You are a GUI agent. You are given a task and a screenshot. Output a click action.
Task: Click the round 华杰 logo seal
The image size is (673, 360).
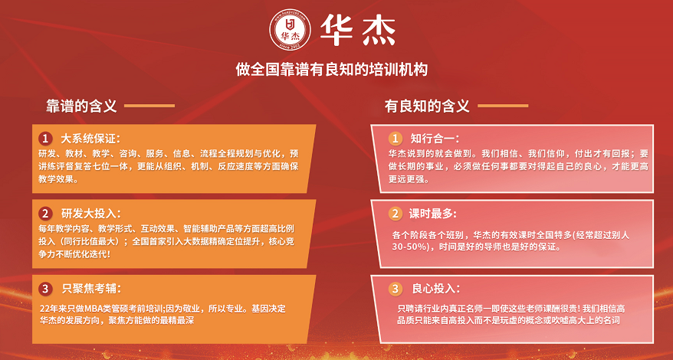[x=291, y=29]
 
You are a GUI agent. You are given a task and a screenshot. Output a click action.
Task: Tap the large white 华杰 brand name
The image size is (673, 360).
[x=357, y=30]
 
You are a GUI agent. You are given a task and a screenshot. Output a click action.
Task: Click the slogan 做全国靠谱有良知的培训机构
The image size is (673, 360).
[x=332, y=70]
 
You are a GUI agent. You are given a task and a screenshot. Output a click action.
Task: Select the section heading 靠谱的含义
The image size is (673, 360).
[x=81, y=106]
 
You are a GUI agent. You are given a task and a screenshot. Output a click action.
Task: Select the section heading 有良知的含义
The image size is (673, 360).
[x=427, y=106]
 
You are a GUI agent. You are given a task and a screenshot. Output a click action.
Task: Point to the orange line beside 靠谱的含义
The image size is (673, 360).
[x=149, y=106]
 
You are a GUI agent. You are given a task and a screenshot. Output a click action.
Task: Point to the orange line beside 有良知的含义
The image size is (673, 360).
[x=503, y=106]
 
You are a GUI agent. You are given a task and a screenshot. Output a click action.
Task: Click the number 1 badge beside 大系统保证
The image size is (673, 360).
[x=45, y=139]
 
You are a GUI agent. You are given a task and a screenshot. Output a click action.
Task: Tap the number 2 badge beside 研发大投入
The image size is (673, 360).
[x=45, y=213]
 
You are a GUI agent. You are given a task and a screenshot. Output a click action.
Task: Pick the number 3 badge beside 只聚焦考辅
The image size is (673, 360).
[x=45, y=288]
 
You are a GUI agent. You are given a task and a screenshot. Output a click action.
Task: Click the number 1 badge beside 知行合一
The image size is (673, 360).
[x=396, y=139]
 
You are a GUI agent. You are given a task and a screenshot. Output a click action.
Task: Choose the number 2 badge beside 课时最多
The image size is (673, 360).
[x=396, y=213]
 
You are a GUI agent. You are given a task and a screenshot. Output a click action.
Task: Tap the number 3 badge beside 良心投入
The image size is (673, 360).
[x=396, y=288]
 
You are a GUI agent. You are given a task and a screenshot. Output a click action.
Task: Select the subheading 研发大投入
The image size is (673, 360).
[x=90, y=214]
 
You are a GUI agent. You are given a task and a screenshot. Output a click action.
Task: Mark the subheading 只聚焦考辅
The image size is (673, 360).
[x=90, y=289]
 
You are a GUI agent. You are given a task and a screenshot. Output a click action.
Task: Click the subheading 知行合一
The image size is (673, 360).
[x=435, y=139]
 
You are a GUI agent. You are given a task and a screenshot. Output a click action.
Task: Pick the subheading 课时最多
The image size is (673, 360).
[x=432, y=214]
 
